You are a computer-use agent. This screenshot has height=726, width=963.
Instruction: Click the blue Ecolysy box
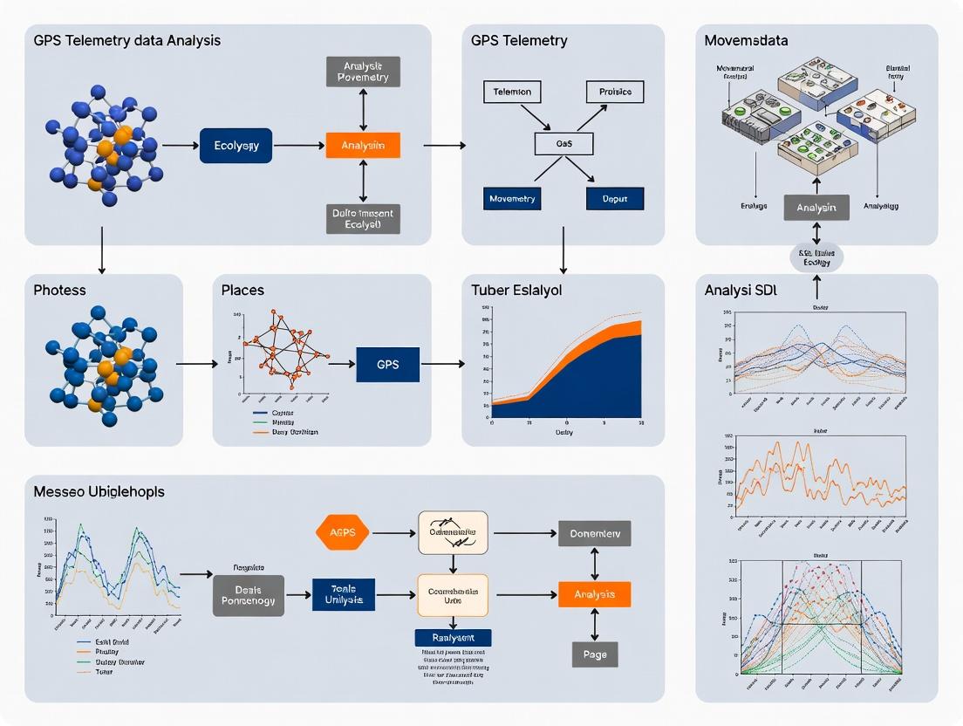point(236,146)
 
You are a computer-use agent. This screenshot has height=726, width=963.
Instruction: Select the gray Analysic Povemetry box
point(363,72)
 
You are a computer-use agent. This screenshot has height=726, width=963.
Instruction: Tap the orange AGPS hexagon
point(340,532)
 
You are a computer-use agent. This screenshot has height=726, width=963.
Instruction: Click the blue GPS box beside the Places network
point(388,364)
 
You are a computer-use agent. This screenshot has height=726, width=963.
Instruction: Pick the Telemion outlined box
point(512,92)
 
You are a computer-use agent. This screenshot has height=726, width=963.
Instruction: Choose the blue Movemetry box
point(512,198)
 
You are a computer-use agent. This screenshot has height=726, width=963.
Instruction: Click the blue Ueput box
point(615,198)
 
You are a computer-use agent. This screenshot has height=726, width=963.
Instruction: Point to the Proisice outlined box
point(615,92)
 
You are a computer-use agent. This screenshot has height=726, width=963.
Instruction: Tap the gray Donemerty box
point(595,532)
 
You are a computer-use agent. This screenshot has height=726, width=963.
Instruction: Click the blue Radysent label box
point(453,638)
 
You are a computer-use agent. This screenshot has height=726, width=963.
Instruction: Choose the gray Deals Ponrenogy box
point(248,595)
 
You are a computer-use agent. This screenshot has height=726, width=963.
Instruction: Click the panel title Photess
point(59,289)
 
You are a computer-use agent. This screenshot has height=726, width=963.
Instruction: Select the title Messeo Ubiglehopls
point(99,491)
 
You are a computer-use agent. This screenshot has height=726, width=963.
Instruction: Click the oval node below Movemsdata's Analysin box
point(816,257)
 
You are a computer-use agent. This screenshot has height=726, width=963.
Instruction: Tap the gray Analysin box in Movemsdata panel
point(816,208)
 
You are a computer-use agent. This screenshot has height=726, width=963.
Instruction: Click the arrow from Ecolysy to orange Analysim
point(298,146)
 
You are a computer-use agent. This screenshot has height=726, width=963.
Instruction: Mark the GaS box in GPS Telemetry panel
point(563,144)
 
